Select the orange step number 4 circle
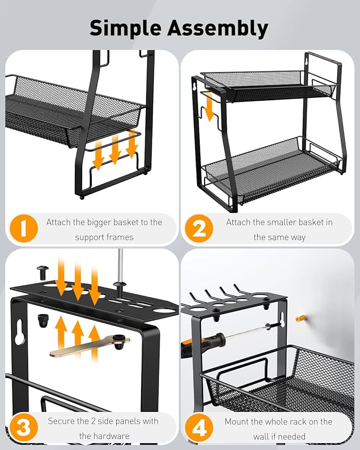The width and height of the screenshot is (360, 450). (x=199, y=427)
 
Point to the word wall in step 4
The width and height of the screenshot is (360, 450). (x=265, y=436)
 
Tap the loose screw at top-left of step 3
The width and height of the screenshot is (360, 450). (x=42, y=271)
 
